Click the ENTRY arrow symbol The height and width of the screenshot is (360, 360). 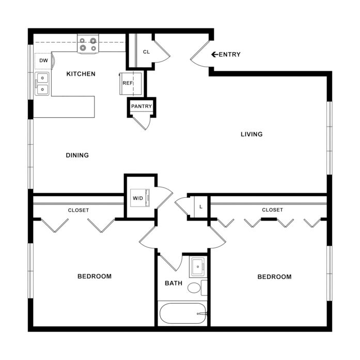(x=214, y=54)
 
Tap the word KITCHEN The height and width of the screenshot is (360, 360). (x=81, y=74)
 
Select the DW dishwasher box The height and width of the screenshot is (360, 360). (x=43, y=60)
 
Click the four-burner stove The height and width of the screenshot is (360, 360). (x=88, y=44)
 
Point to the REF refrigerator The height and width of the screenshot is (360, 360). (x=130, y=84)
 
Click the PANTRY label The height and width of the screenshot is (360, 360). (x=142, y=106)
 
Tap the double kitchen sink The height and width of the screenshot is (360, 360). (x=42, y=84)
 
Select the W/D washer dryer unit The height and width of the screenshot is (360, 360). (x=140, y=198)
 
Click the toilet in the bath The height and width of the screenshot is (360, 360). (x=197, y=288)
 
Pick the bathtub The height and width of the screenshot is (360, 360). (x=183, y=314)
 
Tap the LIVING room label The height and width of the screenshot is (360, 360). (x=252, y=134)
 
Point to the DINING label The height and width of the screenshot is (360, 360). (x=77, y=155)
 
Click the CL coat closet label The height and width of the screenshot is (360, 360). (x=146, y=52)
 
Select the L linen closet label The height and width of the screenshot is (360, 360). (x=201, y=207)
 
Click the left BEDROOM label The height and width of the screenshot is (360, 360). (x=95, y=276)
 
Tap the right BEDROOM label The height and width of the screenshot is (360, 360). (x=275, y=277)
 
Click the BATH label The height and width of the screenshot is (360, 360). (x=174, y=283)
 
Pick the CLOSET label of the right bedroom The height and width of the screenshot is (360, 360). (x=272, y=210)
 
